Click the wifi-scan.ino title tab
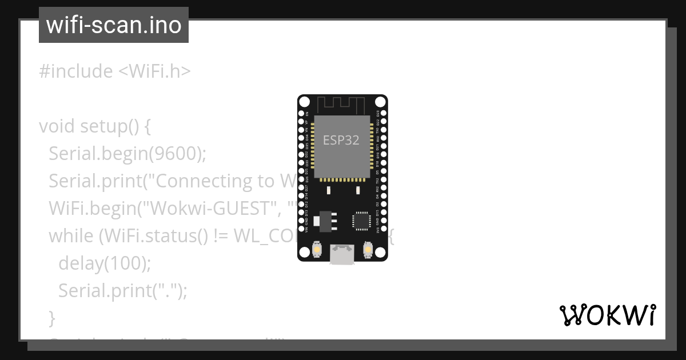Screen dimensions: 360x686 point(113,25)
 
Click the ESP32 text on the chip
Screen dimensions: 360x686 point(341,140)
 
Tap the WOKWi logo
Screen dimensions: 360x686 point(607,315)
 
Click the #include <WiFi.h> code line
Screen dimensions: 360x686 point(114,71)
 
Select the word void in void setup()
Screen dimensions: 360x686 point(57,126)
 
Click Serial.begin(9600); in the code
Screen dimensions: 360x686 point(127,153)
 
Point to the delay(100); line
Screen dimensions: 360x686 point(105,263)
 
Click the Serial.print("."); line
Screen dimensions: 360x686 point(123,291)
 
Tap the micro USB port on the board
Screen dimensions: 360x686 point(342,254)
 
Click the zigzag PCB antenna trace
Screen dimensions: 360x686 point(341,105)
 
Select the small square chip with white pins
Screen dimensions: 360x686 point(361,221)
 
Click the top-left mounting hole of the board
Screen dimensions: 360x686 point(305,102)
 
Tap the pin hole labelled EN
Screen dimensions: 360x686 point(301,114)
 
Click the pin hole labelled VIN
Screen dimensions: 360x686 point(301,230)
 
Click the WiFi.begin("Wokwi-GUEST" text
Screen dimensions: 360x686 point(160,208)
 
